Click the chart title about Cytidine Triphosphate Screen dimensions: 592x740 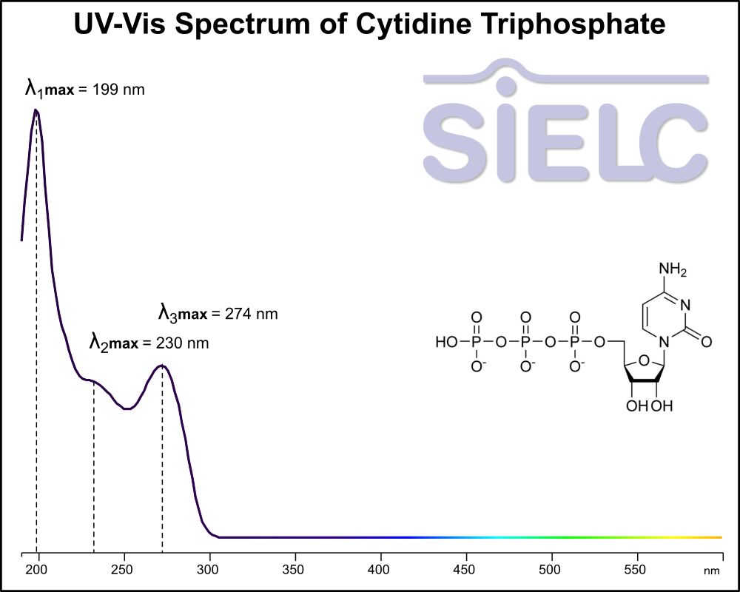pos(369,25)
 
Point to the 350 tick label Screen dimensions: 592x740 pos(295,569)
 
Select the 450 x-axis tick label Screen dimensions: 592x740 pos(466,569)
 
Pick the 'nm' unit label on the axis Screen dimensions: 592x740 pos(711,571)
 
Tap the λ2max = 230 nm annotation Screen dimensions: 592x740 pos(149,343)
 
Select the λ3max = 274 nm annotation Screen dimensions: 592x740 pos(218,313)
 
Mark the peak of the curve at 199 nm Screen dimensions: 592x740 pos(35,110)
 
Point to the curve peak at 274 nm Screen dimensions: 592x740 pos(162,366)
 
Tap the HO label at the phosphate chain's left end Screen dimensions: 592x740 pos(446,343)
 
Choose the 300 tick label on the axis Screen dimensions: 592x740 pos(209,569)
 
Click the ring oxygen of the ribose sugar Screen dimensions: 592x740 pos(644,361)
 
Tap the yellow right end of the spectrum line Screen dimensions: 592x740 pos(718,537)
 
